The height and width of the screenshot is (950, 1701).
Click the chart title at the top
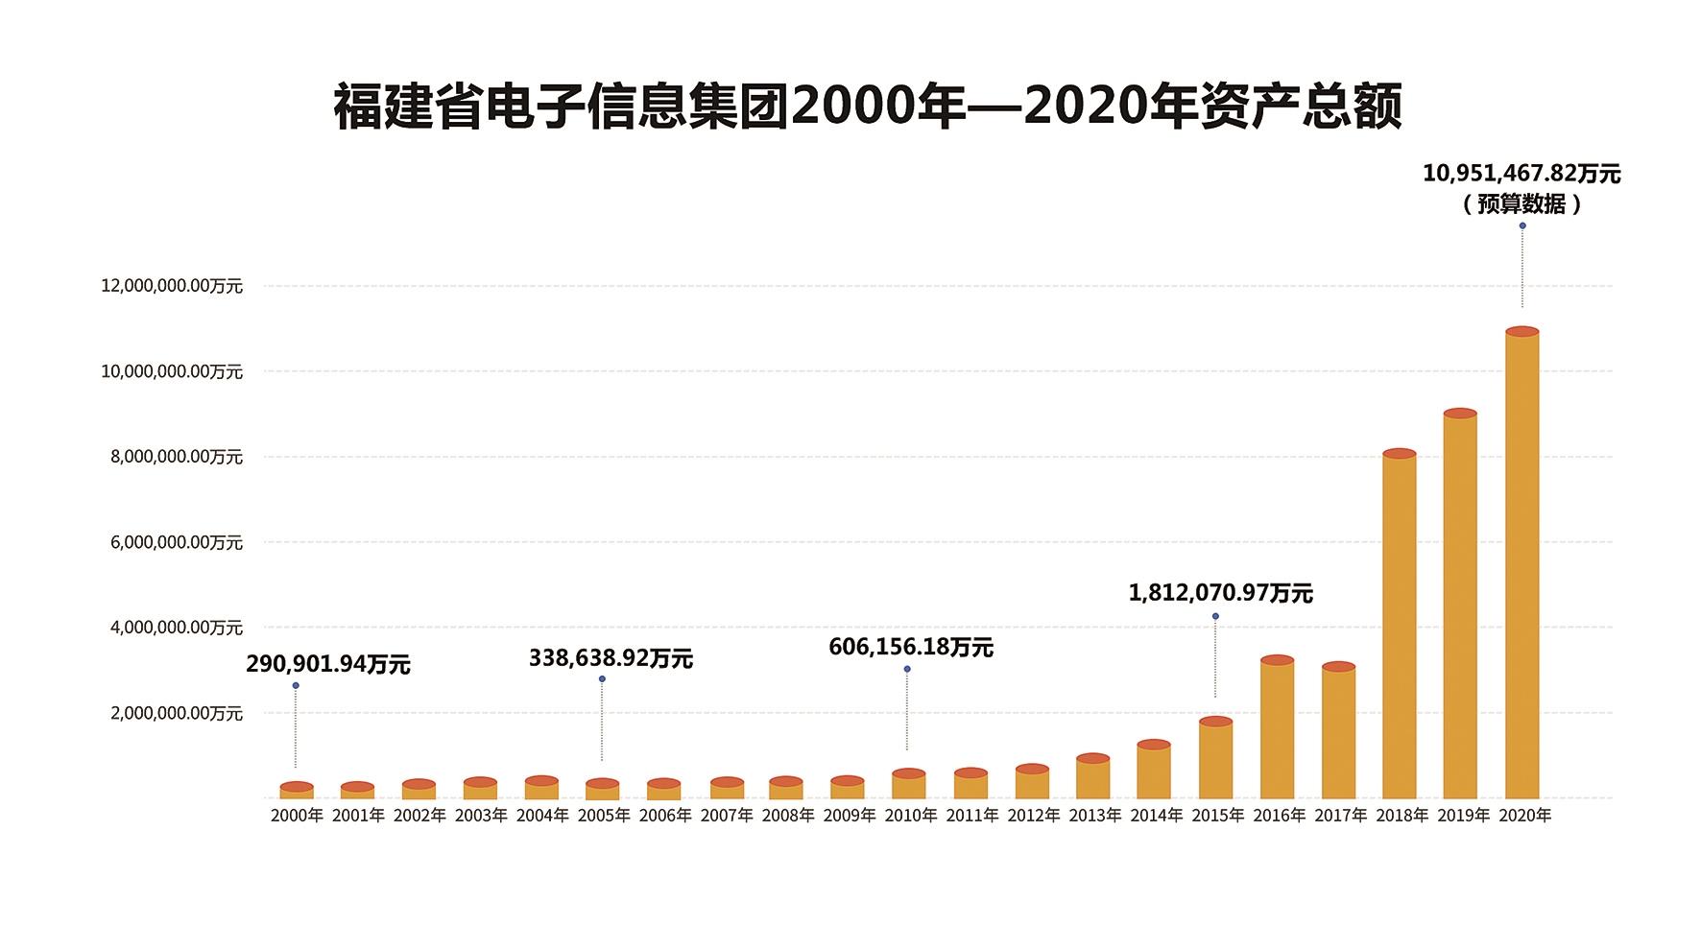868,106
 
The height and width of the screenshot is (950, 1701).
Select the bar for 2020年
1521,566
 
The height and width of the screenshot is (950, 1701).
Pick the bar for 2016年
1277,729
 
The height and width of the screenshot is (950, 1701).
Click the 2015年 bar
1215,760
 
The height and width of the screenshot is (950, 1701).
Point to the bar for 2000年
297,792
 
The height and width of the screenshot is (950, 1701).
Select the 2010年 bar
908,786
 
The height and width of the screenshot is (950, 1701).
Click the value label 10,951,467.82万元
1521,174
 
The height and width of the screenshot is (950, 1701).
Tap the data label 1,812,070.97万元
1220,593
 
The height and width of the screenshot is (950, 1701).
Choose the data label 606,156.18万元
910,648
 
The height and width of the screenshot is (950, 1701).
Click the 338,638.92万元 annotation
611,659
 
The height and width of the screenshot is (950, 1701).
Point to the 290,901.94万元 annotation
328,665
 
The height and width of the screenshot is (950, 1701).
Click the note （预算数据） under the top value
1521,204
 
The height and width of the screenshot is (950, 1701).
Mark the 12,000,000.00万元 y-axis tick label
172,286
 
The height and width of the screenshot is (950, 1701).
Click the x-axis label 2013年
1094,816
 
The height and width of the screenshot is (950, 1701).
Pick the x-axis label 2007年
727,816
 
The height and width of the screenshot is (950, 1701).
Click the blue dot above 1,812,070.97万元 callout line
1215,616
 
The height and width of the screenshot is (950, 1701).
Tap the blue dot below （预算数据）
1522,226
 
